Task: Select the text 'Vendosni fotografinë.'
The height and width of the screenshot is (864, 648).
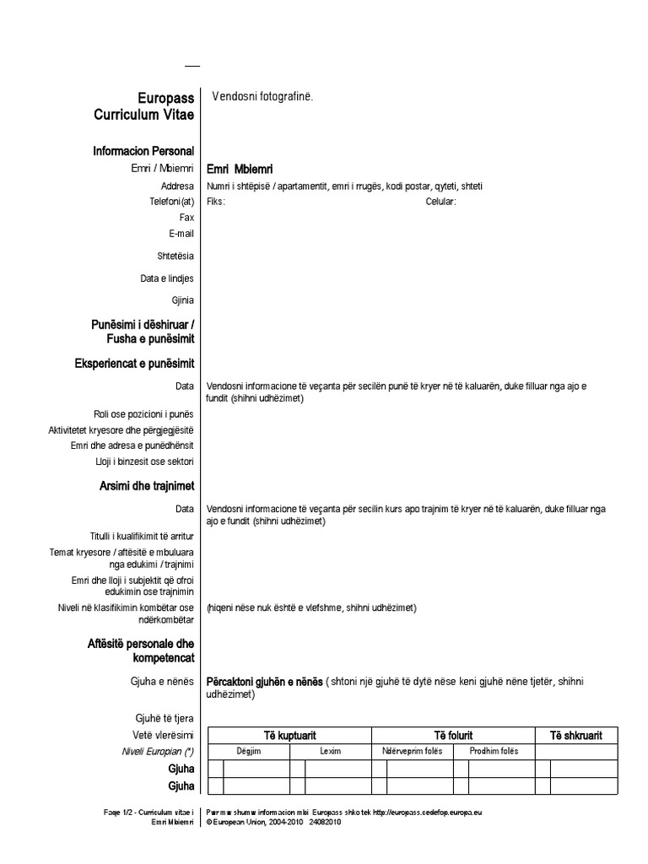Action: tap(262, 97)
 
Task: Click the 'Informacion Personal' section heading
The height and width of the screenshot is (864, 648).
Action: tap(143, 151)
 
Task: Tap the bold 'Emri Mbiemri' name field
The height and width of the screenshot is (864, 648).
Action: tap(240, 169)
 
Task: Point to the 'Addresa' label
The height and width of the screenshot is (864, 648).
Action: tap(177, 186)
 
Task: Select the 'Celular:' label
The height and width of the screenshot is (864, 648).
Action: tap(441, 202)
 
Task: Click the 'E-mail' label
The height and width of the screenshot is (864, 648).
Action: tap(181, 233)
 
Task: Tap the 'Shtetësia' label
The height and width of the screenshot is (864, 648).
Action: tap(175, 256)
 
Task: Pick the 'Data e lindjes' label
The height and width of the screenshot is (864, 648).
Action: tap(167, 278)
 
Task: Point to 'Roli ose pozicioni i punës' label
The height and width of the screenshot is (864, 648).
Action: tap(144, 414)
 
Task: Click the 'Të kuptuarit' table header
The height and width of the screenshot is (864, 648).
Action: tap(289, 736)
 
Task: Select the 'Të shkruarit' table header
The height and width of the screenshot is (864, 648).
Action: tap(576, 736)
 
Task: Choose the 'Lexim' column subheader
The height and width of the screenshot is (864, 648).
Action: tap(331, 751)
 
